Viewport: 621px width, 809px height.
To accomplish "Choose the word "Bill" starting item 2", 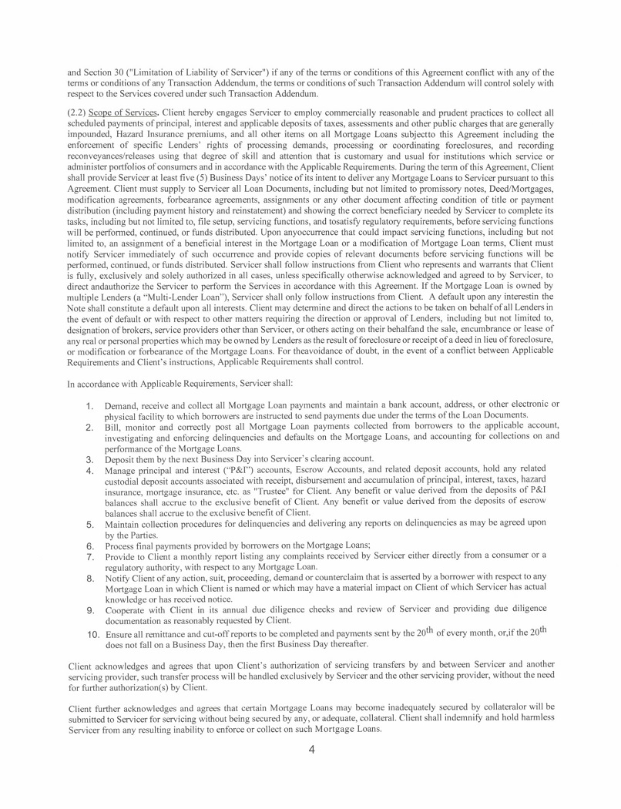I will tap(112, 426).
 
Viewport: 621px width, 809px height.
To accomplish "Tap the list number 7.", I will tap(89, 556).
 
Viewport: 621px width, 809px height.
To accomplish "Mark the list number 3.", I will tap(89, 458).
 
